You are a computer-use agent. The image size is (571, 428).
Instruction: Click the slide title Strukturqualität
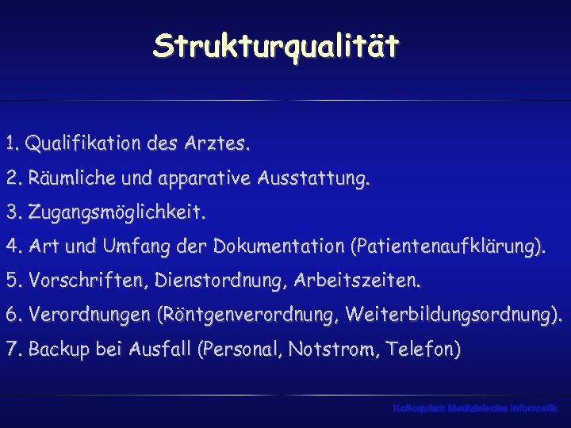tap(277, 47)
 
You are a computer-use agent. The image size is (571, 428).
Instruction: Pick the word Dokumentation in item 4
tap(278, 247)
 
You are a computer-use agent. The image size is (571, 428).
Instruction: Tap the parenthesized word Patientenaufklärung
tap(447, 247)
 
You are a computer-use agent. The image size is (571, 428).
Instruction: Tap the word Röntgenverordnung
tap(249, 315)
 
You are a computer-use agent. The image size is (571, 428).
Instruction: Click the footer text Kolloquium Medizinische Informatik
tap(474, 407)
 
